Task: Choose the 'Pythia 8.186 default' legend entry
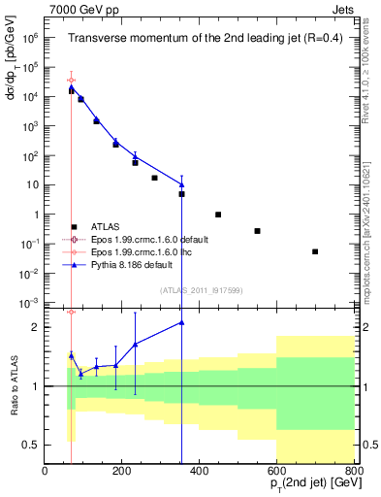[x=147, y=263]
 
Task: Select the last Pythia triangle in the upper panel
[x=181, y=184]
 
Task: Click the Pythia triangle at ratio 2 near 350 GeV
[x=181, y=323]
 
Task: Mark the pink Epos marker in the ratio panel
[x=71, y=312]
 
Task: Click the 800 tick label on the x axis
[x=354, y=471]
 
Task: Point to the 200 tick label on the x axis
[x=122, y=471]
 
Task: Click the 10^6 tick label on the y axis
[x=28, y=38]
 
